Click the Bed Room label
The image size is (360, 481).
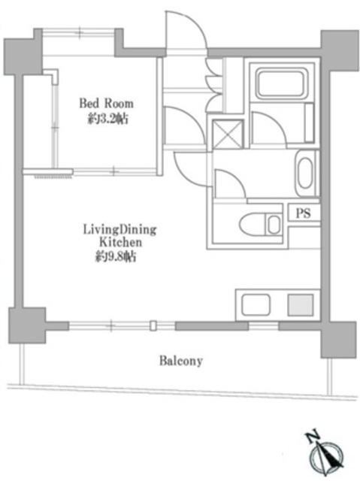(x=107, y=104)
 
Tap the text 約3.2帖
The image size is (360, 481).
(x=107, y=119)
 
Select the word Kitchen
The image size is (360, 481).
(x=121, y=242)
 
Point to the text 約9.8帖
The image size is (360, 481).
(x=115, y=257)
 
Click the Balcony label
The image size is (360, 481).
(x=181, y=361)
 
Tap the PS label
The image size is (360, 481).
(x=304, y=213)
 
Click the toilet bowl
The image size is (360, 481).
(x=253, y=225)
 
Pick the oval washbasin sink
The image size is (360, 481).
(x=305, y=173)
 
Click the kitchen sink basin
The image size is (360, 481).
(x=256, y=305)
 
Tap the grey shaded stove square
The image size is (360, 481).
(x=301, y=305)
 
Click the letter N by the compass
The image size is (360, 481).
(x=312, y=436)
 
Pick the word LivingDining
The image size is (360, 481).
(x=120, y=230)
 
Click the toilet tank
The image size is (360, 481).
(x=274, y=225)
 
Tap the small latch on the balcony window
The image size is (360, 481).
(x=153, y=325)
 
